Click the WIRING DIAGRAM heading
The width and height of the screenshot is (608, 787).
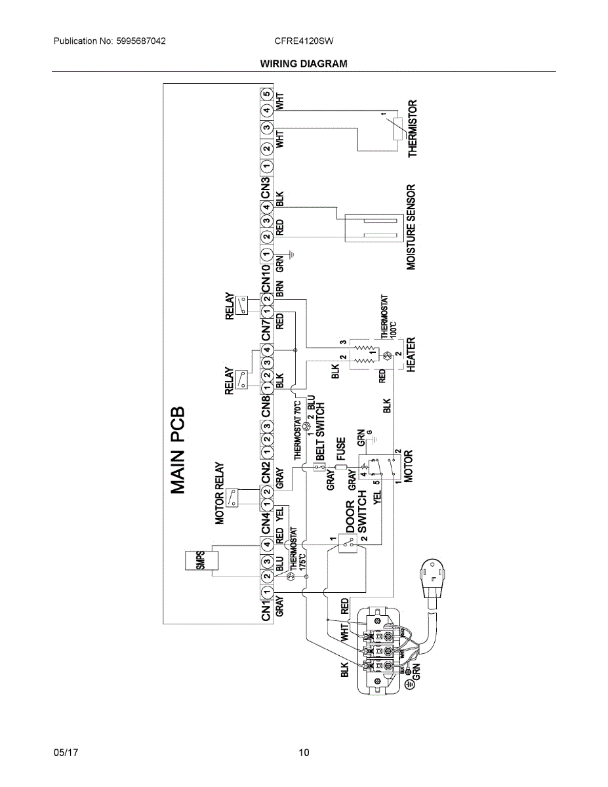pos(304,64)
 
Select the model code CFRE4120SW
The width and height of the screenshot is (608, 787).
pos(304,41)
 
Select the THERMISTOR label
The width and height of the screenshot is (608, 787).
pos(413,128)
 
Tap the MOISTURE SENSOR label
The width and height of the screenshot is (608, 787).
pos(411,227)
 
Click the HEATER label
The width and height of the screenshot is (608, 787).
pos(411,355)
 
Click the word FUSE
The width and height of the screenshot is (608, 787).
pos(341,449)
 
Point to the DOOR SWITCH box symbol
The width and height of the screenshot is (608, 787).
pos(344,542)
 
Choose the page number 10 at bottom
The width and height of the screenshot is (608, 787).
pos(304,752)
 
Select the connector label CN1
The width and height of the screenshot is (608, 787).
pos(266,611)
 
